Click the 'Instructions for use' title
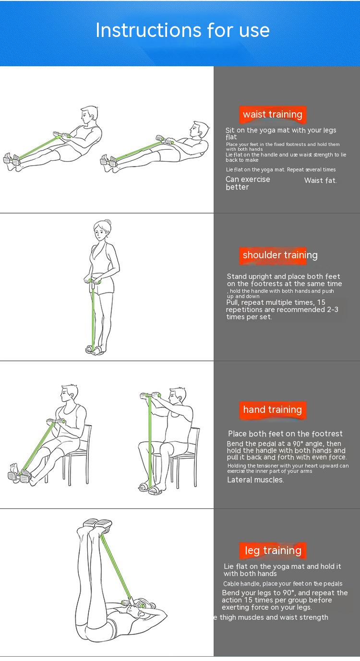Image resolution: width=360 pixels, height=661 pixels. [183, 30]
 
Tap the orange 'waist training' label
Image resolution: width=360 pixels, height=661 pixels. [273, 115]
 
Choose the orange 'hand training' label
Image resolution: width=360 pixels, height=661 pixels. [273, 410]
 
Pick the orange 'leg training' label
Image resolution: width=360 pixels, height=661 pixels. [273, 551]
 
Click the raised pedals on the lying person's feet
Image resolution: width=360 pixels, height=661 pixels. [97, 523]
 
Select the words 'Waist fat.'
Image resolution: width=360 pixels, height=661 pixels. [321, 180]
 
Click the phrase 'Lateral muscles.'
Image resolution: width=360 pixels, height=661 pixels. [255, 480]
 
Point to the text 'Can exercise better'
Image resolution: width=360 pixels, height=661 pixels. [248, 183]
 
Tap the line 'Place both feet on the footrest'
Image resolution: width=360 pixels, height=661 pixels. [285, 433]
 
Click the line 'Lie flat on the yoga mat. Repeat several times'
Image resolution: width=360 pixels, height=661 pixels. [281, 169]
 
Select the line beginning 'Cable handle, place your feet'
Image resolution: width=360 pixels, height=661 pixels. [283, 583]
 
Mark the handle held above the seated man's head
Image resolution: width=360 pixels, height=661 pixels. [151, 395]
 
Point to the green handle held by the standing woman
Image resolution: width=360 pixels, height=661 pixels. [95, 281]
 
